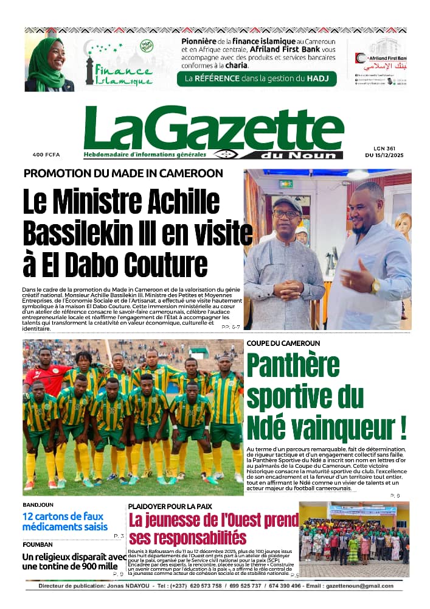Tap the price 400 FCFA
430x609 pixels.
(46, 155)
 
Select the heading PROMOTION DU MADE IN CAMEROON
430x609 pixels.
(123, 173)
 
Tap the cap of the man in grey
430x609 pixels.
(288, 203)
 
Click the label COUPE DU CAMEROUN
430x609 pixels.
(283, 343)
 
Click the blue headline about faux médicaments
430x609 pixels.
(65, 522)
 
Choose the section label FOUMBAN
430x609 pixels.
(38, 544)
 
